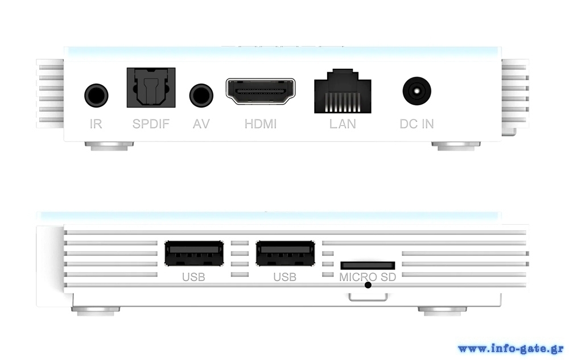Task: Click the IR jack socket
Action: click(x=96, y=94)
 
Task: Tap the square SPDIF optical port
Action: click(x=151, y=88)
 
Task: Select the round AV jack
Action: click(x=201, y=94)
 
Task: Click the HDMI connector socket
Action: click(x=261, y=92)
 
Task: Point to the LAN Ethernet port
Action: click(x=343, y=91)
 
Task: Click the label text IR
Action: click(x=96, y=123)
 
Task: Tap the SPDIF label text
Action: click(x=151, y=123)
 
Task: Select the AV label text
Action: click(x=201, y=123)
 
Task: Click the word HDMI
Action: click(x=261, y=123)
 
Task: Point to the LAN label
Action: click(x=343, y=123)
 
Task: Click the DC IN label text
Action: click(x=417, y=123)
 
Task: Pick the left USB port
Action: click(x=193, y=254)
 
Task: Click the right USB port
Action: click(x=285, y=254)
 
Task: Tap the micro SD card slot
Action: click(x=368, y=265)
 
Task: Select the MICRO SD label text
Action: click(x=368, y=278)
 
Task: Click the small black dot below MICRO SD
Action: click(x=368, y=284)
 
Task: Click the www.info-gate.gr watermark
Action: click(x=510, y=348)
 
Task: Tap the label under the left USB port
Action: click(x=193, y=278)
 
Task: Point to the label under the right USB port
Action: click(x=285, y=278)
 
